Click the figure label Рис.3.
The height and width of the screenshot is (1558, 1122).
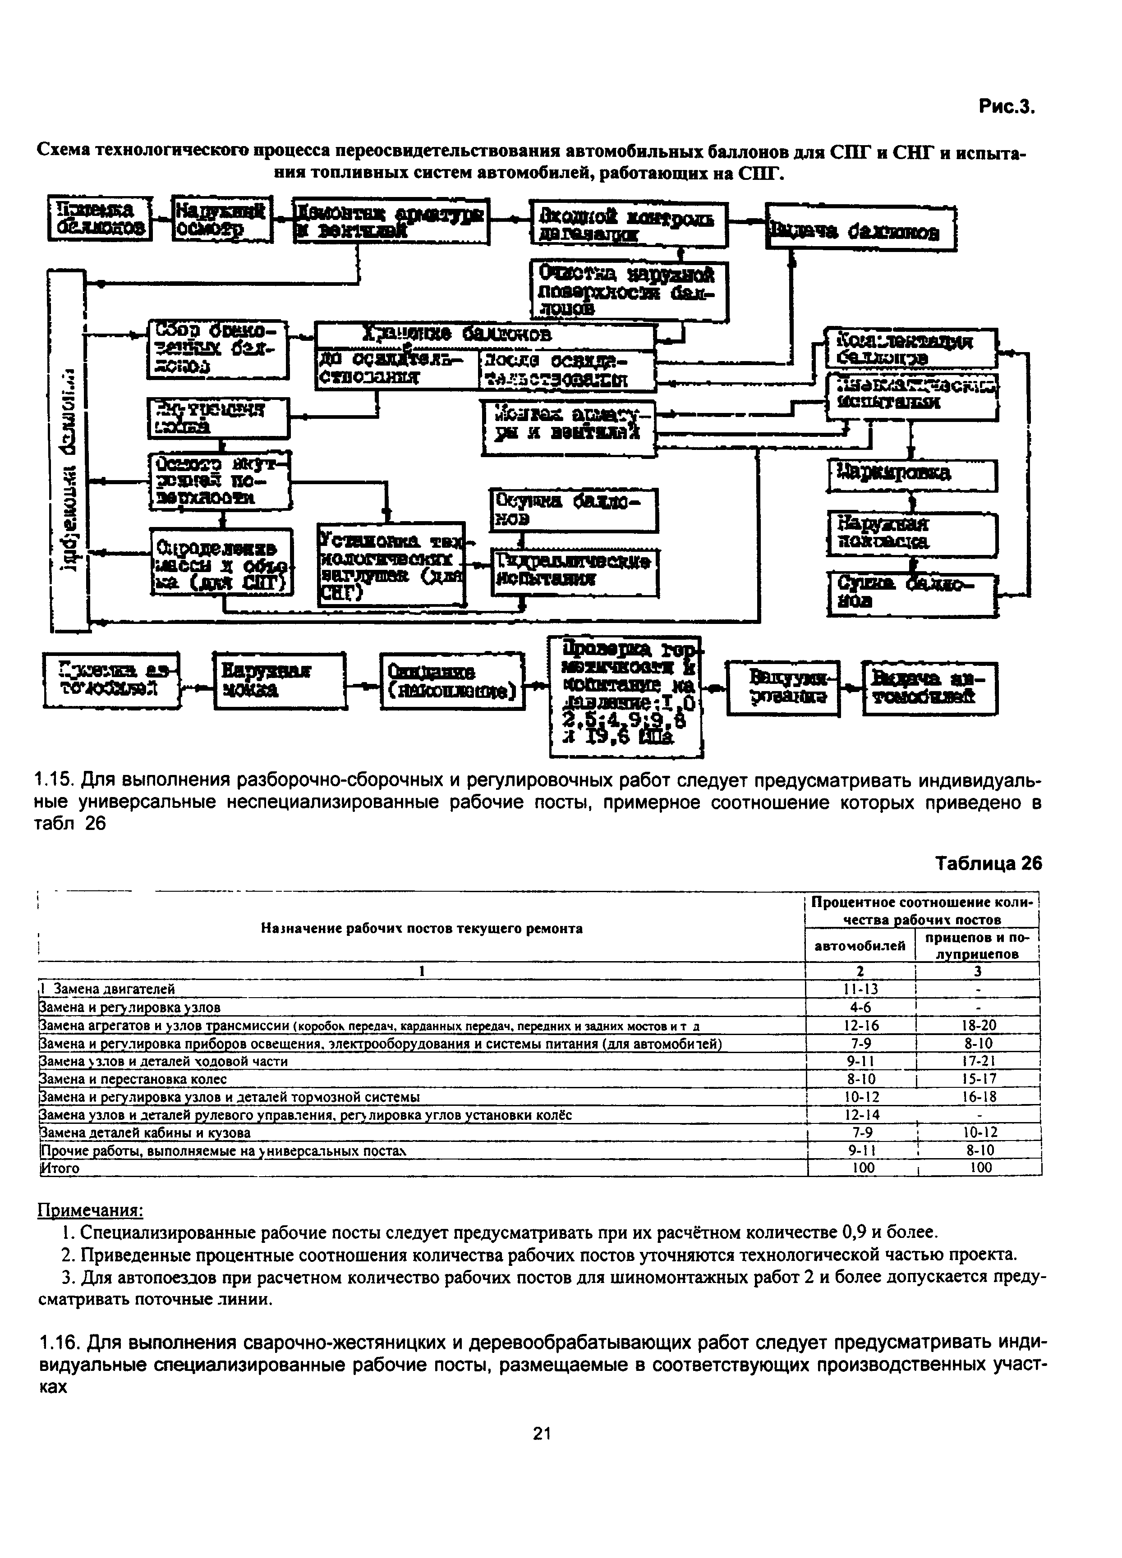point(1006,107)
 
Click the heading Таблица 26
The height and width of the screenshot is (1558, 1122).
point(989,863)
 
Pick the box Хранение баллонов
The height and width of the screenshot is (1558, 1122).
point(484,336)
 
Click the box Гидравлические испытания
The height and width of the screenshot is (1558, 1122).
point(575,572)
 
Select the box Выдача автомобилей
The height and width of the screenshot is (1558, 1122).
point(929,687)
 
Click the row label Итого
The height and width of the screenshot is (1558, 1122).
point(60,1168)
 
